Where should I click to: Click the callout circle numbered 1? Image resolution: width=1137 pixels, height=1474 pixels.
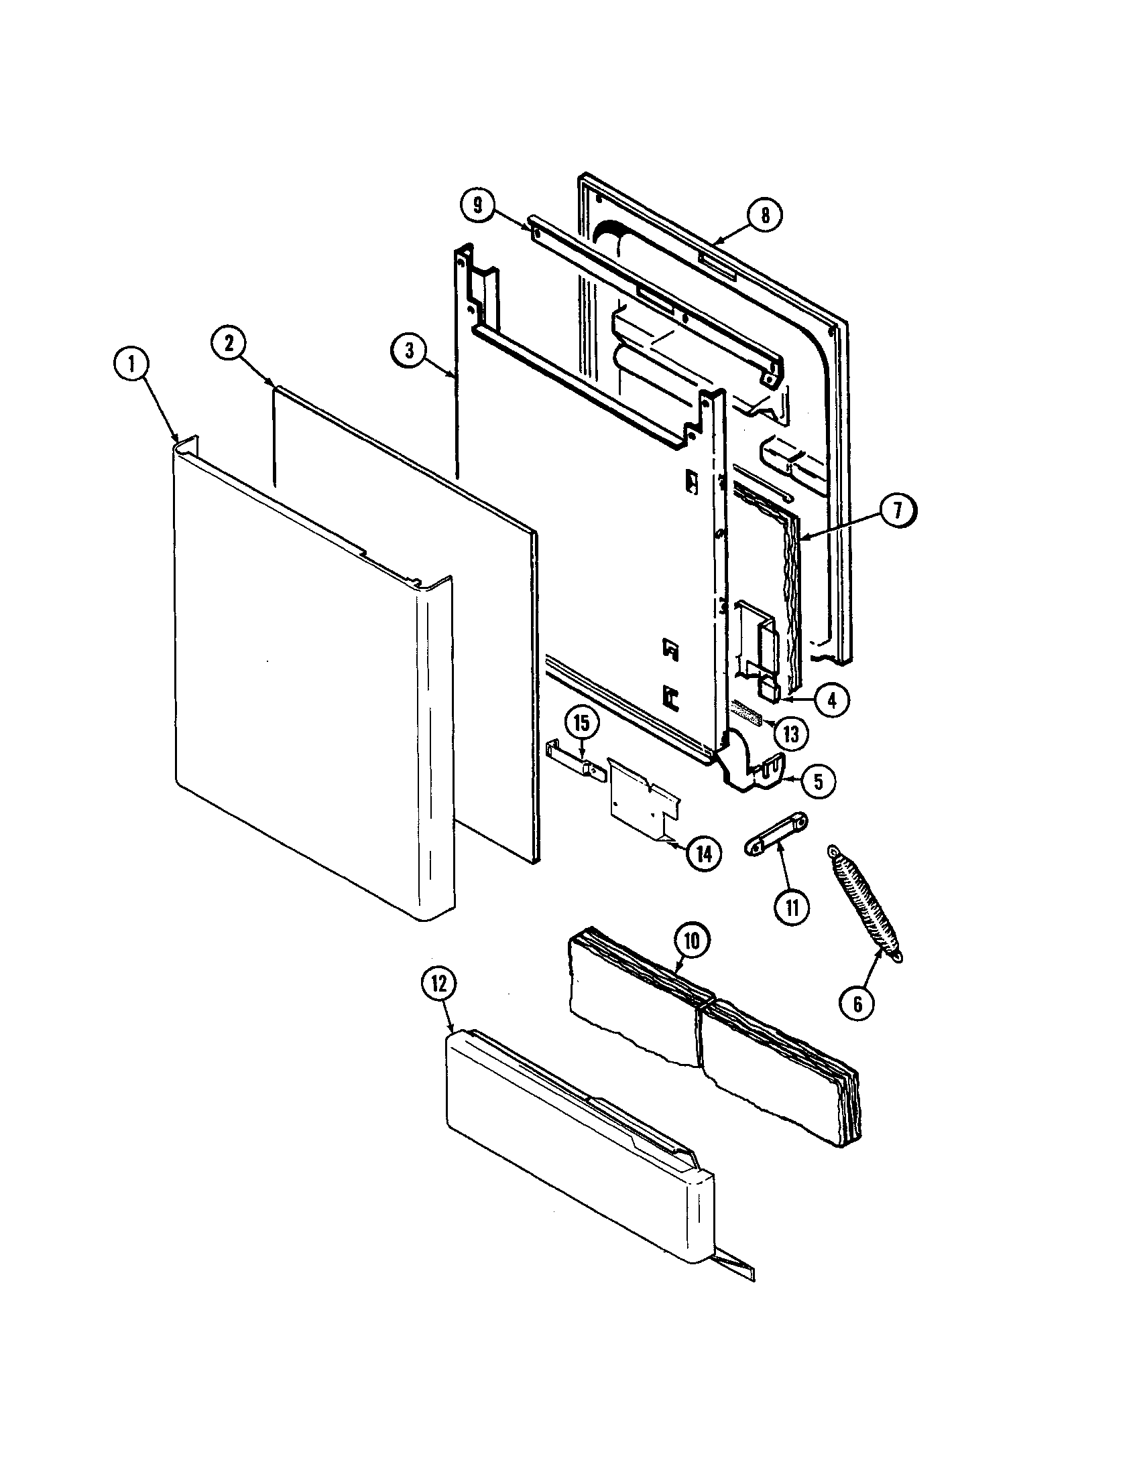131,365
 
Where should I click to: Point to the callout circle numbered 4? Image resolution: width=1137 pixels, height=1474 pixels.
832,701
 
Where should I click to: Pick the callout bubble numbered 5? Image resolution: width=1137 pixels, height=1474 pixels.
818,781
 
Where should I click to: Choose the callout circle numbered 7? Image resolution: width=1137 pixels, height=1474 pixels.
898,512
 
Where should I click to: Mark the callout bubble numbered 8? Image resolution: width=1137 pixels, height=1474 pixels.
765,215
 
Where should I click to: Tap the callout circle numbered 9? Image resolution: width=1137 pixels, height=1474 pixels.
478,205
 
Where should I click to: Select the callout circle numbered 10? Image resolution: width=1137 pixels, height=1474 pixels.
692,941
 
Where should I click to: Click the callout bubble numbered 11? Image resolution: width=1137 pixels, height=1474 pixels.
792,909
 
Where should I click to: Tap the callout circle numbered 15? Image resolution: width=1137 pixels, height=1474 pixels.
581,723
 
